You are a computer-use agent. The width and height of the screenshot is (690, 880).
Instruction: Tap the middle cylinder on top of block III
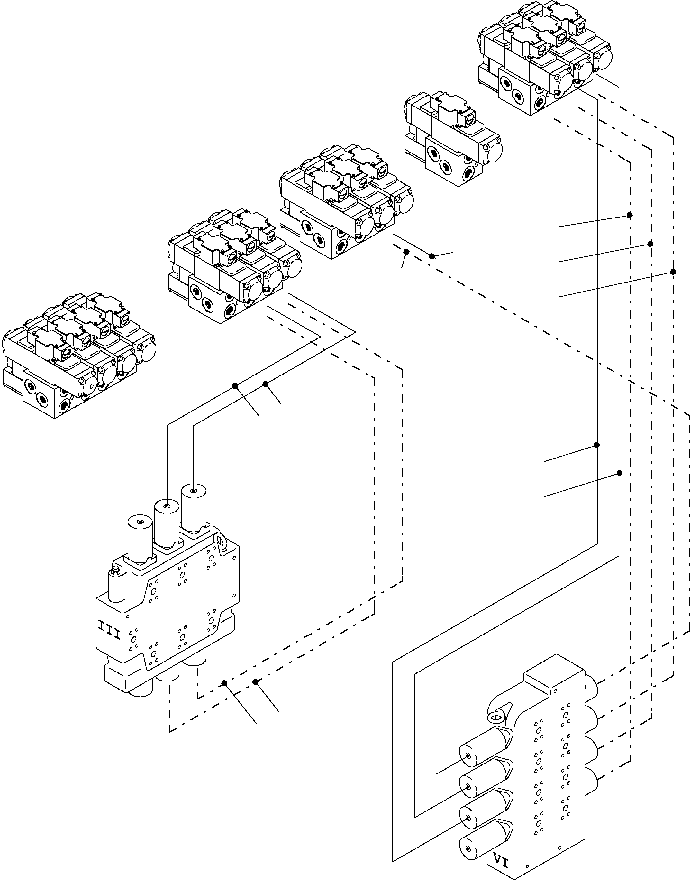pyautogui.click(x=167, y=522)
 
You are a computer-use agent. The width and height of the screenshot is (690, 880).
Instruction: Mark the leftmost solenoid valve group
pyautogui.click(x=79, y=356)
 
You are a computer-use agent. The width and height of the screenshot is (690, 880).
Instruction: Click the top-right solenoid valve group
pyautogui.click(x=543, y=57)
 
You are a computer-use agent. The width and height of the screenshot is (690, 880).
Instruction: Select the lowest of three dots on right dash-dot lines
pyautogui.click(x=673, y=272)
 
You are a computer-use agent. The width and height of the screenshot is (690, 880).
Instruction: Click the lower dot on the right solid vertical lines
pyautogui.click(x=619, y=473)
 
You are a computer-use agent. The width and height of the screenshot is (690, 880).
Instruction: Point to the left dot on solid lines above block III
pyautogui.click(x=235, y=386)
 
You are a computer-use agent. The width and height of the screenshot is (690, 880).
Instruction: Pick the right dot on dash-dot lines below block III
pyautogui.click(x=255, y=682)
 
